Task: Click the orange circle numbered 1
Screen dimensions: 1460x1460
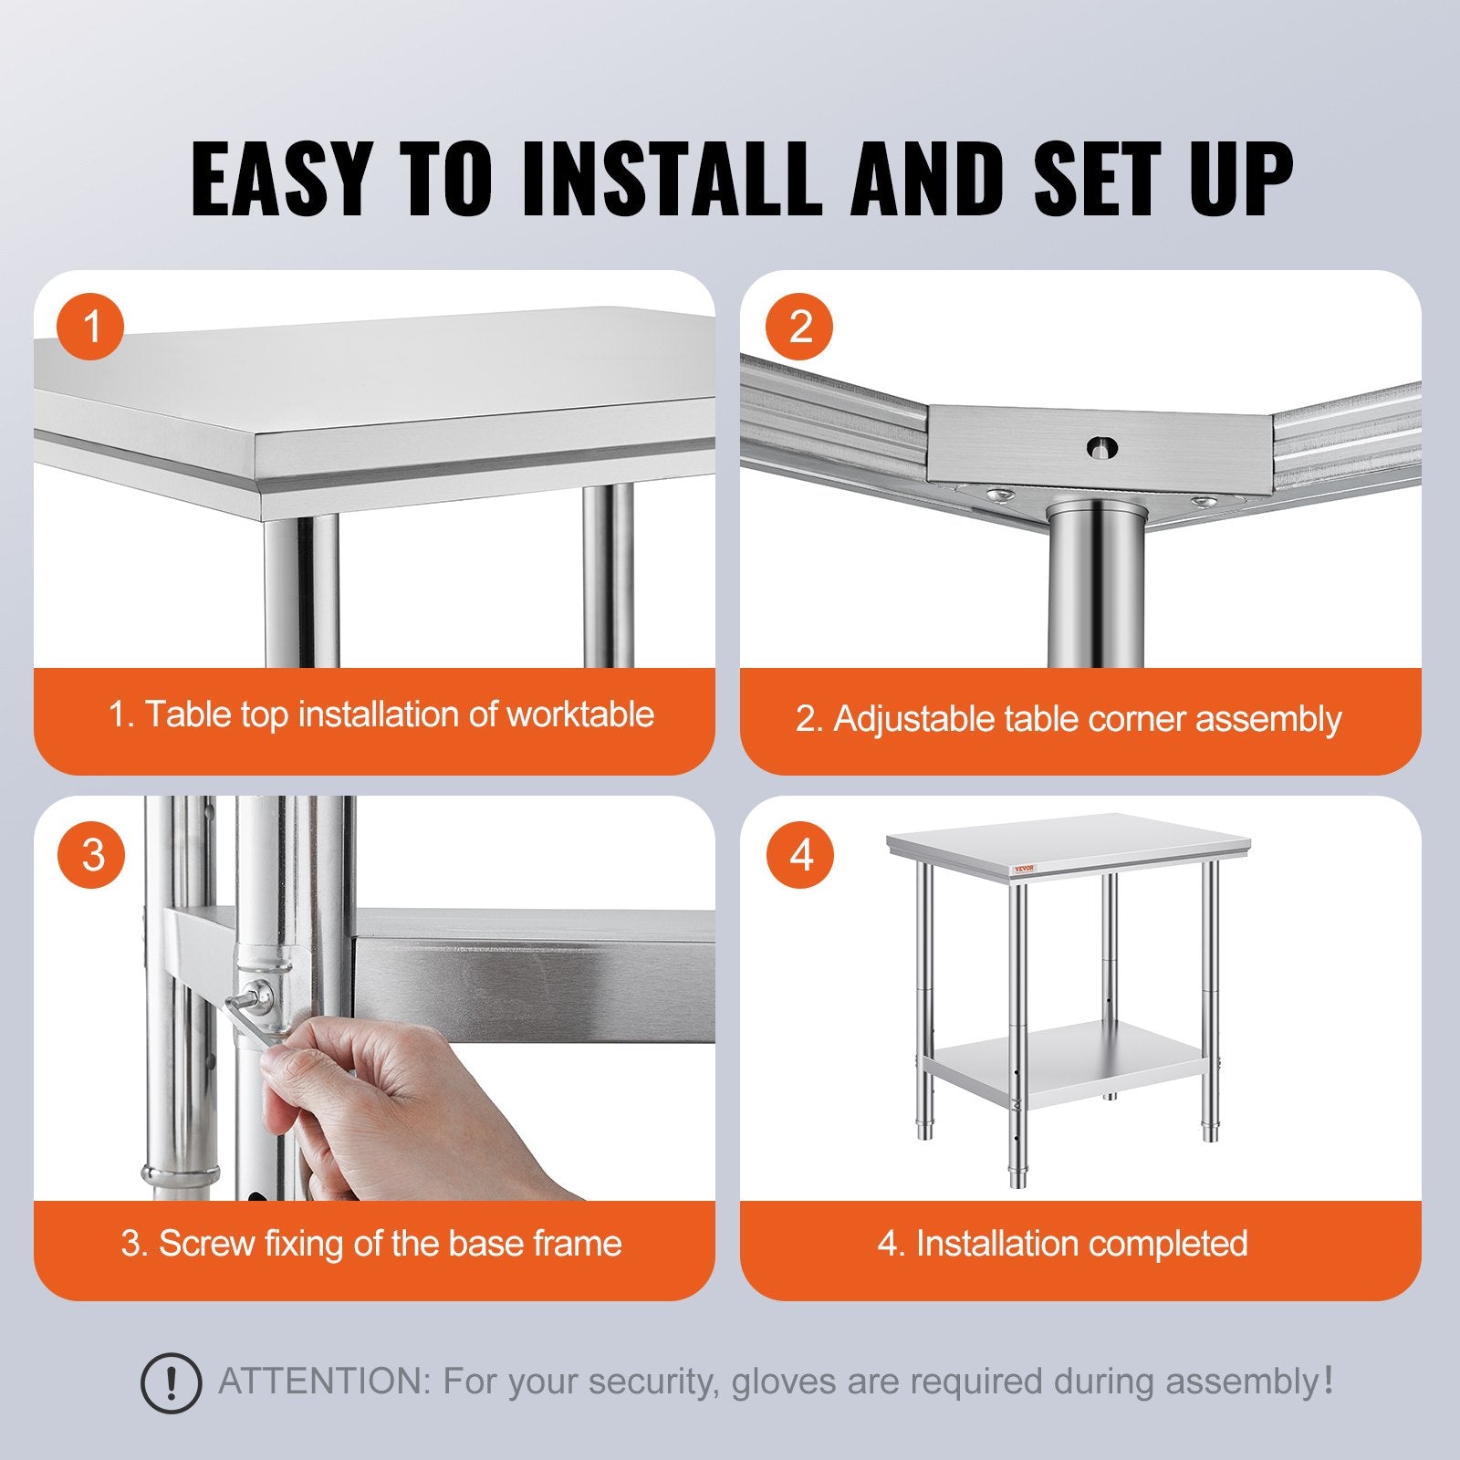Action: [90, 326]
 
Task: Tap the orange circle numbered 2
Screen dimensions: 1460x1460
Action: [799, 326]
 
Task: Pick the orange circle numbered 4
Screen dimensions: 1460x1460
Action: [799, 855]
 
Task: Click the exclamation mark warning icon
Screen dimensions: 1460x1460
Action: [171, 1384]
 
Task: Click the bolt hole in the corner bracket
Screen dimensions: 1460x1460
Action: [1102, 447]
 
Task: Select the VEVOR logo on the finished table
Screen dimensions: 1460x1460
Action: [1025, 869]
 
